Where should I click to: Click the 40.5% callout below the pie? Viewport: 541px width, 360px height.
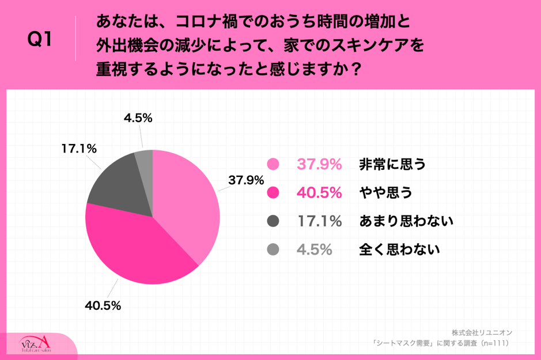pos(103,306)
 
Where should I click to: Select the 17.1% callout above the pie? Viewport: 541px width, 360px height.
pos(78,148)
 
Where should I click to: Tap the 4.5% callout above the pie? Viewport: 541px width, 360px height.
pos(138,118)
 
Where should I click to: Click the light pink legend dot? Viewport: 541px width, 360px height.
pos(273,165)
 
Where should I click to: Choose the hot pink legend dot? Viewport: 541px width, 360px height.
pos(273,193)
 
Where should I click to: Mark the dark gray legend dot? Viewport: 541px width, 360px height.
pos(273,221)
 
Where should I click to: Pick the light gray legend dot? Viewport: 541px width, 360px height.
pos(273,249)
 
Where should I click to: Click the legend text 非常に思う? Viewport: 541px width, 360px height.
pos(392,165)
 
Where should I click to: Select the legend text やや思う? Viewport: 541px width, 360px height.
pos(385,193)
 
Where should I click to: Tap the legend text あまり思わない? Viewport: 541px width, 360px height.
pos(406,221)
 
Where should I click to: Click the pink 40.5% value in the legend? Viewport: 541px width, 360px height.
pos(319,193)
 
